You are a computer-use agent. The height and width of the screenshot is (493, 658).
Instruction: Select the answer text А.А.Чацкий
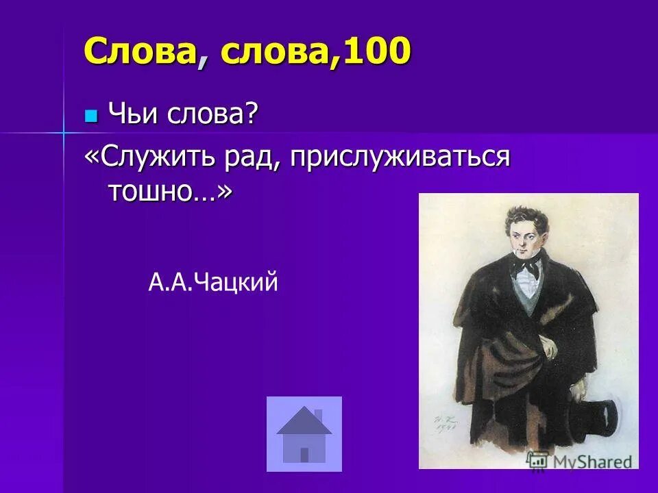213,281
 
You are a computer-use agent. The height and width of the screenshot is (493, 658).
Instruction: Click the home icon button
304,433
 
